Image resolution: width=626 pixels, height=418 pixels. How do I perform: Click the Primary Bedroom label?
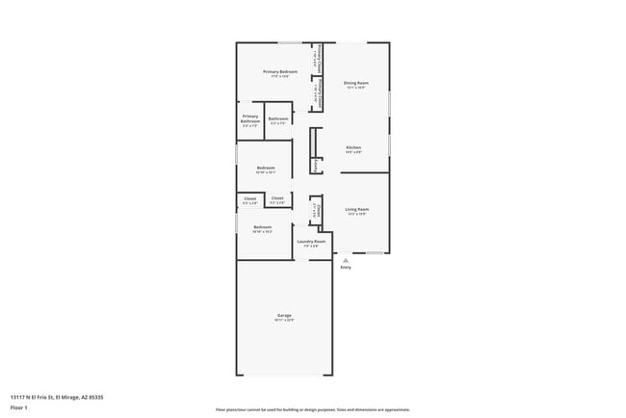tap(280, 72)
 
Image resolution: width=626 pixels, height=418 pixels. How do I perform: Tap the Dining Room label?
tap(355, 83)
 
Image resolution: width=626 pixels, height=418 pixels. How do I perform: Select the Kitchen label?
tap(353, 147)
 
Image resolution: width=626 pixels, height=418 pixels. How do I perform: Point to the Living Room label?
tap(357, 208)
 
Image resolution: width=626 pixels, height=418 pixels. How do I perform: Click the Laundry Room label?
tap(311, 241)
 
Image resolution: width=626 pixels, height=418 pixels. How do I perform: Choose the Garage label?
tap(284, 315)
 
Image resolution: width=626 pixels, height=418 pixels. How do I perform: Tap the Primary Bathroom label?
tap(250, 118)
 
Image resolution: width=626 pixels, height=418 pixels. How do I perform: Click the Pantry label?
tap(317, 165)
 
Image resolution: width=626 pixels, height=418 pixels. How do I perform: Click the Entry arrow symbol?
tap(345, 259)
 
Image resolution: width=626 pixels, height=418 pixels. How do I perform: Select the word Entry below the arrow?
tap(346, 267)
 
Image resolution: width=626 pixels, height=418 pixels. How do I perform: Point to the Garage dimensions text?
tap(284, 320)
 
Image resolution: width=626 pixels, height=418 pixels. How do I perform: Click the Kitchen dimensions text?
tap(353, 152)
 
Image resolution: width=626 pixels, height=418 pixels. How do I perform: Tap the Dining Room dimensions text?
tap(355, 88)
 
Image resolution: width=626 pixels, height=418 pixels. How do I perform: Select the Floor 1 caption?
tap(19, 407)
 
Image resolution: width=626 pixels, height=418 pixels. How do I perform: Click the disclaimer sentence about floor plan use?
tap(312, 409)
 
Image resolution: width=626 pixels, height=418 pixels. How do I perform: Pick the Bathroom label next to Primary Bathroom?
tap(278, 118)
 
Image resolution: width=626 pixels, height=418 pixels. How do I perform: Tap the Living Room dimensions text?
tap(357, 213)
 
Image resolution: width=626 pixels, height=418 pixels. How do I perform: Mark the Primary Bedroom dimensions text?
tap(280, 77)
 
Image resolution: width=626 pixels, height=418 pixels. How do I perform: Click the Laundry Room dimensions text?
tap(311, 246)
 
